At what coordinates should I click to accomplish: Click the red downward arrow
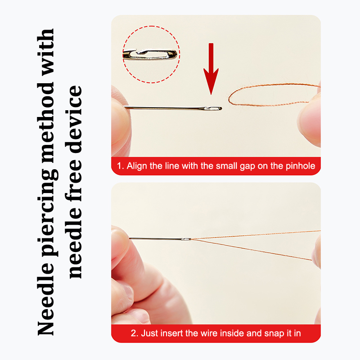[211, 69]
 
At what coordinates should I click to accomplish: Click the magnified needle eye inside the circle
[150, 54]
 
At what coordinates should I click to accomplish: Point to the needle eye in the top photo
[213, 108]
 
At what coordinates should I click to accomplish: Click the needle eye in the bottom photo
[186, 239]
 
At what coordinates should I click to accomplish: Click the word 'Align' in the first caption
[137, 166]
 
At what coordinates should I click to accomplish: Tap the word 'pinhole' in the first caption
[300, 166]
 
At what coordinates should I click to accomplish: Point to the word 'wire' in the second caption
[209, 333]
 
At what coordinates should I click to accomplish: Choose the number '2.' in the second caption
[135, 333]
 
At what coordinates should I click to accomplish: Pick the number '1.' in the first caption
[121, 166]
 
